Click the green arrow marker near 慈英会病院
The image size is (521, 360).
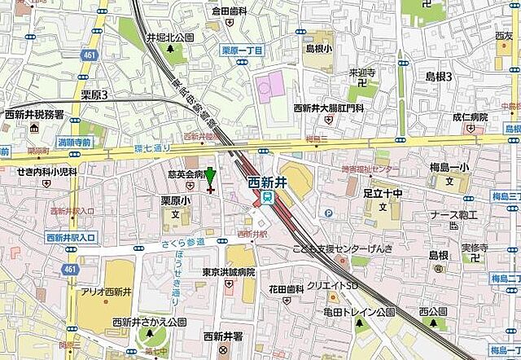click(x=211, y=176)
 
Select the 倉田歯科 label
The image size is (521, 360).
click(x=229, y=11)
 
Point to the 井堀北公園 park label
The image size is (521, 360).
click(x=170, y=37)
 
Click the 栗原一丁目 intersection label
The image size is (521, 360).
click(x=242, y=50)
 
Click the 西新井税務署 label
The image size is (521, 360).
click(x=34, y=115)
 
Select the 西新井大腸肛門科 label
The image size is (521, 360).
click(x=327, y=108)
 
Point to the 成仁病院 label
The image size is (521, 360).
click(x=471, y=116)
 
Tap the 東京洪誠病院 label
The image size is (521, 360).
click(x=229, y=272)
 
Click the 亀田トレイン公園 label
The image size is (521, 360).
click(x=361, y=312)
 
